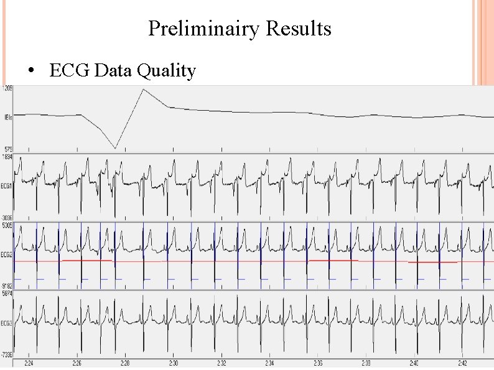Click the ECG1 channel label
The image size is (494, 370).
tap(7, 186)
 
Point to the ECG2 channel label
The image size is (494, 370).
tap(7, 255)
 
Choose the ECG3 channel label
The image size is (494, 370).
tap(7, 323)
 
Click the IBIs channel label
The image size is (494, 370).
tap(7, 117)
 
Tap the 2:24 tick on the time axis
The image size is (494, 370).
tap(29, 363)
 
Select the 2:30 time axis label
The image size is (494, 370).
tap(174, 363)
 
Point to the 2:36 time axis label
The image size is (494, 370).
tap(317, 363)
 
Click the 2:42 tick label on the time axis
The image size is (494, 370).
tap(462, 363)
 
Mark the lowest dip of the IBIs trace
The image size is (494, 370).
tap(115, 148)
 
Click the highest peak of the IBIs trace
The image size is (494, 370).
tap(143, 90)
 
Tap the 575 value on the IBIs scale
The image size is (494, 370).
tap(7, 150)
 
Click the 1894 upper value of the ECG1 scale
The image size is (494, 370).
tap(8, 157)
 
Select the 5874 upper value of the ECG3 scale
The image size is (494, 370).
tap(8, 293)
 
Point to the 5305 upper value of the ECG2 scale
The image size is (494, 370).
tap(8, 225)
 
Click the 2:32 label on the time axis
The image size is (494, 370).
tap(221, 363)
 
